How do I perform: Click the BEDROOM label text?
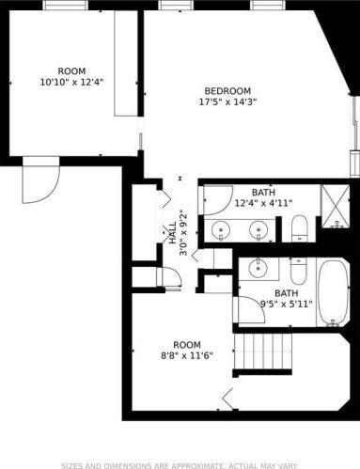(x=227, y=91)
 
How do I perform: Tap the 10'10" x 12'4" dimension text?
(x=71, y=83)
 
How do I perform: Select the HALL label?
(x=173, y=233)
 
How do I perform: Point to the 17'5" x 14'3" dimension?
(x=228, y=102)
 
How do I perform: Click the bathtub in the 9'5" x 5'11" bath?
(x=334, y=293)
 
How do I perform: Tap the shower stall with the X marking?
(x=336, y=206)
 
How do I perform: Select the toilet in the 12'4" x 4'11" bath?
(x=300, y=228)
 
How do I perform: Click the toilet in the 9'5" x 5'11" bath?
(x=298, y=272)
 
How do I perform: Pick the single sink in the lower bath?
(x=258, y=268)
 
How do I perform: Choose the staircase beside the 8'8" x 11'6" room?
(x=263, y=352)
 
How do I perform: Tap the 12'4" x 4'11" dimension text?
(x=264, y=203)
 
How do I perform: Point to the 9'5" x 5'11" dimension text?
(x=287, y=304)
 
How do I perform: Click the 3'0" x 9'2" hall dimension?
(x=183, y=233)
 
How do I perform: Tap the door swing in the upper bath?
(x=218, y=200)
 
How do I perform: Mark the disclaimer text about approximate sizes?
(x=180, y=466)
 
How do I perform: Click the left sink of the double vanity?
(x=221, y=230)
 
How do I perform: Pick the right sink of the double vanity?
(x=258, y=230)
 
